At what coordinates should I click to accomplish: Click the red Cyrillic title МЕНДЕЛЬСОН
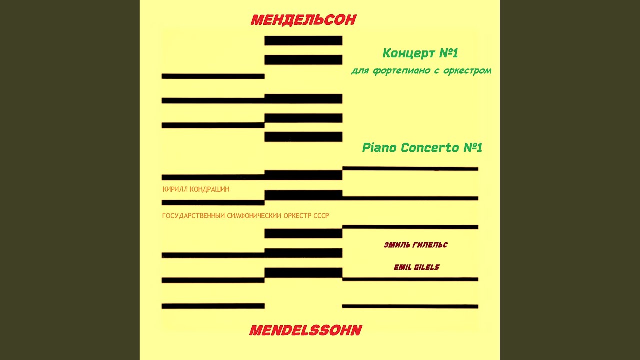pos(303,20)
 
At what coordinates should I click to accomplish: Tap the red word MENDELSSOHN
pos(305,330)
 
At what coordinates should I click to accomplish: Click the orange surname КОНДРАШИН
pos(209,189)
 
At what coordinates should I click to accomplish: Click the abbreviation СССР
pos(320,216)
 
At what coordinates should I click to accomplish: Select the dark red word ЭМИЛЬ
pos(397,245)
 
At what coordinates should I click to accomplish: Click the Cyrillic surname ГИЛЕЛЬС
pos(431,245)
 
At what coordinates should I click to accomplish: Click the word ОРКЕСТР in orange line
pos(297,216)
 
